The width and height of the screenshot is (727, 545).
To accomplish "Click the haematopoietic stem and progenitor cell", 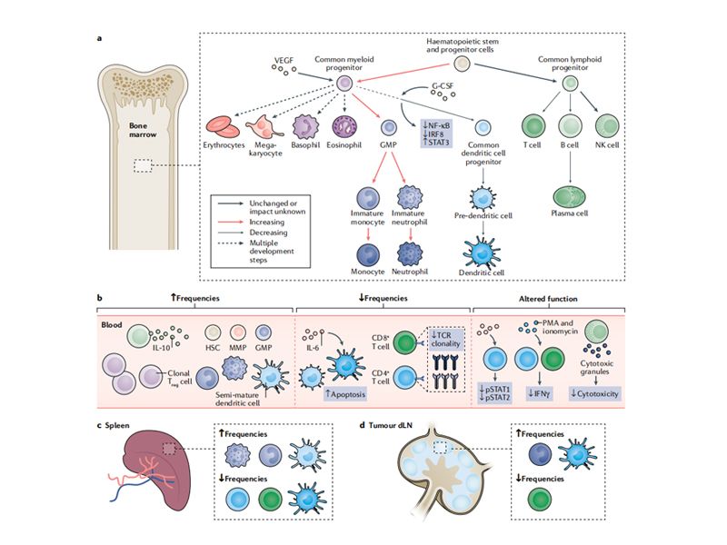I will pyautogui.click(x=461, y=64).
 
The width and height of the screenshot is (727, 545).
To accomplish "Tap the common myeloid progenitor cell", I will pyautogui.click(x=344, y=84).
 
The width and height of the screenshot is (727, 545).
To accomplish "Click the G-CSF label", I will pyautogui.click(x=443, y=88).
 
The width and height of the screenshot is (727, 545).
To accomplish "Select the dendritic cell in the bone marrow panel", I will pyautogui.click(x=486, y=250).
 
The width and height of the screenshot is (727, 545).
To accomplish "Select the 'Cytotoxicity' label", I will pyautogui.click(x=613, y=393).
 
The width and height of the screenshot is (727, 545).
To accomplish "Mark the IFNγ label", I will pyautogui.click(x=539, y=393).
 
